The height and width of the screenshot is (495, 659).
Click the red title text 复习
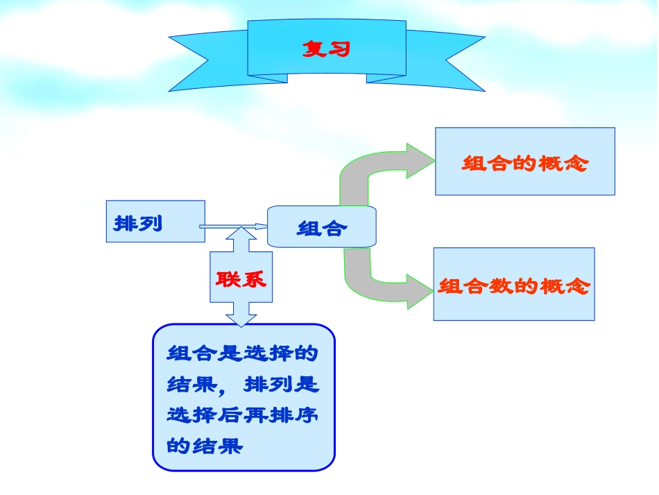pos(326,49)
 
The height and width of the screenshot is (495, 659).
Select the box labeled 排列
pos(155,221)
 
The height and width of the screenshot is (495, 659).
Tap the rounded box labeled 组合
pos(322,227)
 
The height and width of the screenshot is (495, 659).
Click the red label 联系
pos(241,279)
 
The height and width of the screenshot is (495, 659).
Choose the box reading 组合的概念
pos(524,161)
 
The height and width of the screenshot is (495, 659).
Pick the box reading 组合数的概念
pos(513,284)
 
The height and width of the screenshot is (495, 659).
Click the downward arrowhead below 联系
pos(241,316)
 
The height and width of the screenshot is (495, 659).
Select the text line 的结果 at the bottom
pos(205,445)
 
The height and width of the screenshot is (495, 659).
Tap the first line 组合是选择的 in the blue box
pos(242,353)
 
